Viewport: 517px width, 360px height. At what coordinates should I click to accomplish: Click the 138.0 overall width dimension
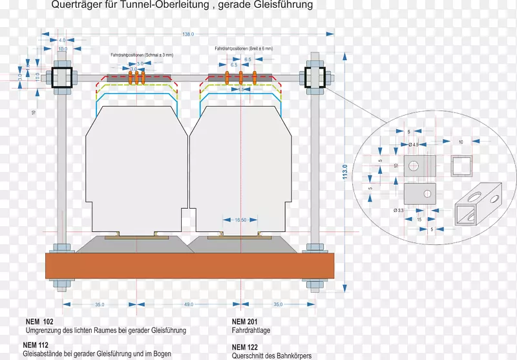click(188, 34)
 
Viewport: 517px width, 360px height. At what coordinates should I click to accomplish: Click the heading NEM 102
click(40, 321)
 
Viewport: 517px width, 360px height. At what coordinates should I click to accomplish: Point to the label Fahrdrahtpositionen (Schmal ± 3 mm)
click(142, 56)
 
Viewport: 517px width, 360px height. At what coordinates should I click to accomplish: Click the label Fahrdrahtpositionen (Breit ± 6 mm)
click(244, 49)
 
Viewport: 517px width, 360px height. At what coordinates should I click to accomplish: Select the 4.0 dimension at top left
click(62, 41)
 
